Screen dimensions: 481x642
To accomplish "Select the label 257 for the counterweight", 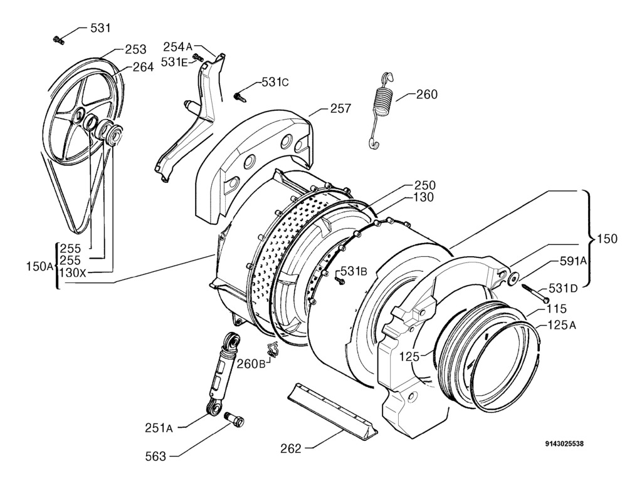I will (341, 108).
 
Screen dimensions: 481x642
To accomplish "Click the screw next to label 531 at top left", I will (59, 40).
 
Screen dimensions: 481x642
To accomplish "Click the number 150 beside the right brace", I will (607, 239).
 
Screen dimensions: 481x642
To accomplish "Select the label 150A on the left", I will (39, 266).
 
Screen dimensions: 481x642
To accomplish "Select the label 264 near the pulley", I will (143, 67).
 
